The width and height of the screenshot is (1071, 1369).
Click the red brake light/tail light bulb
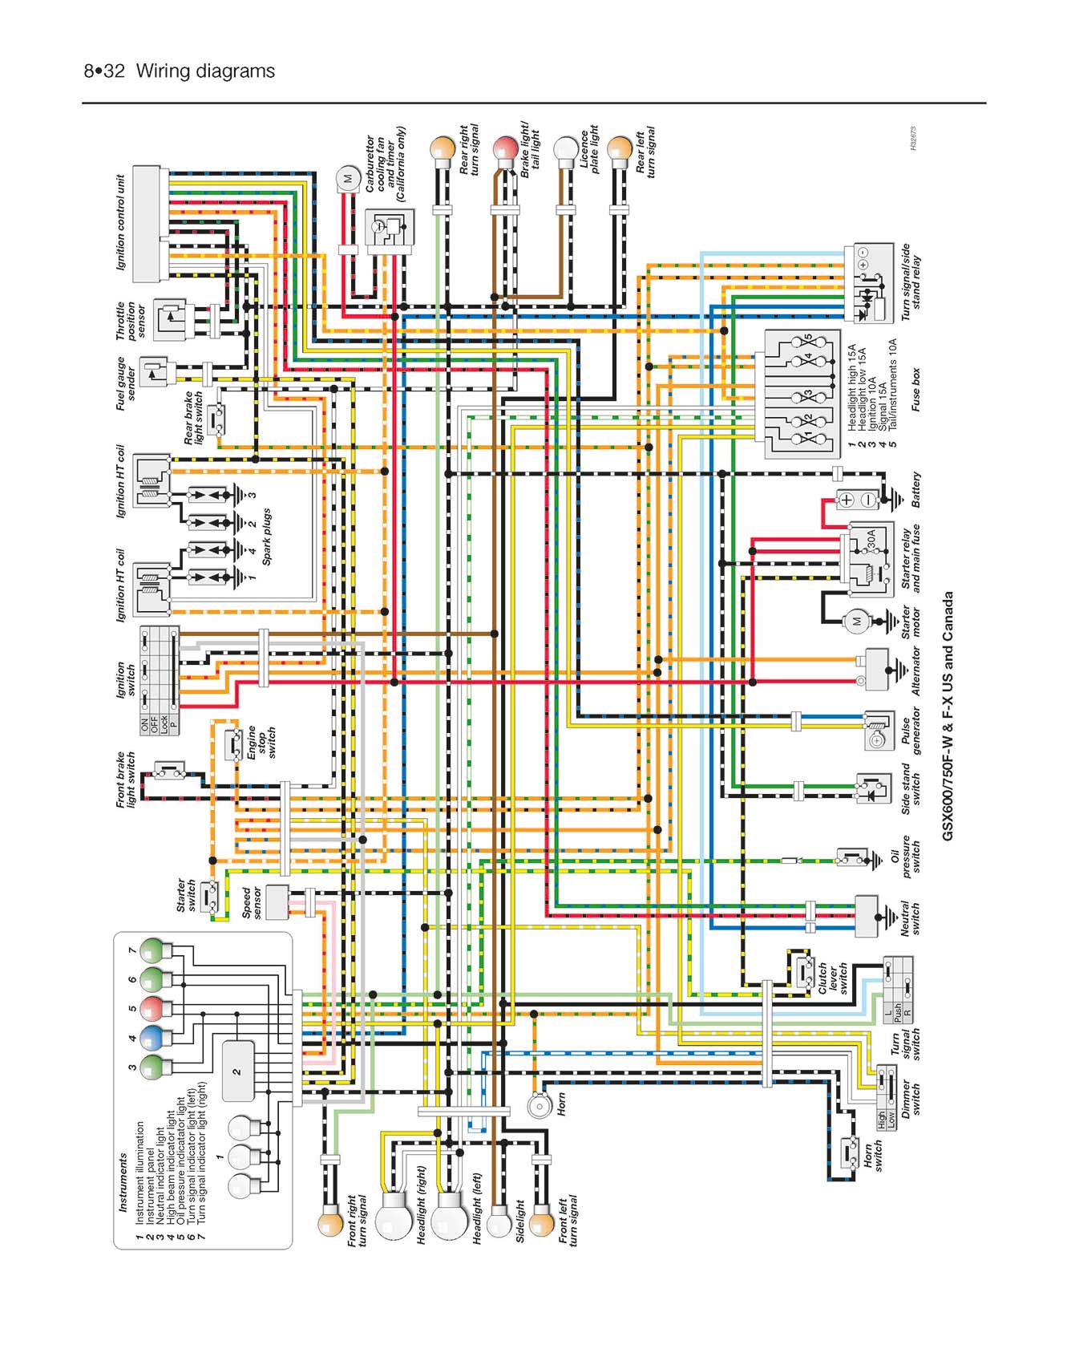[505, 149]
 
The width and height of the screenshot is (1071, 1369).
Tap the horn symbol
[538, 1106]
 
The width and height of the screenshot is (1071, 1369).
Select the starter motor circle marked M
[855, 621]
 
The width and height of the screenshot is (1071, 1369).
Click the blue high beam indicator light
[156, 1038]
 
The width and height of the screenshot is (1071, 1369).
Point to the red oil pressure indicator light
[156, 1008]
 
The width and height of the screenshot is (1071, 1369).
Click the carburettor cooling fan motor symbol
[348, 178]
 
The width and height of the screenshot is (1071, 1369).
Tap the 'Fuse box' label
[916, 390]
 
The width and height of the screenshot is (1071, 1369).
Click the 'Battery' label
[916, 489]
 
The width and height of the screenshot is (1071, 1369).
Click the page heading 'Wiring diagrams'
[205, 71]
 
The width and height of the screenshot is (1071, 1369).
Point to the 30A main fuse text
[871, 539]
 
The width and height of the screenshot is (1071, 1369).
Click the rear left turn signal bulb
[620, 149]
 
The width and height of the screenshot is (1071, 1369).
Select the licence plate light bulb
[567, 149]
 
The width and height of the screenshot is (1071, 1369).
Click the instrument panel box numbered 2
[237, 1071]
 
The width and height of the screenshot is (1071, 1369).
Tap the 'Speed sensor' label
[252, 902]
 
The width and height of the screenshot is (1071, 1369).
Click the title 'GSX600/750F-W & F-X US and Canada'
[948, 716]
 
